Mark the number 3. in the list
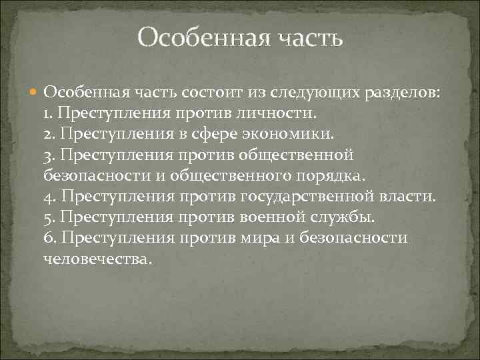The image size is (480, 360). [x=50, y=155]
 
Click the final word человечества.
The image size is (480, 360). [x=103, y=259]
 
